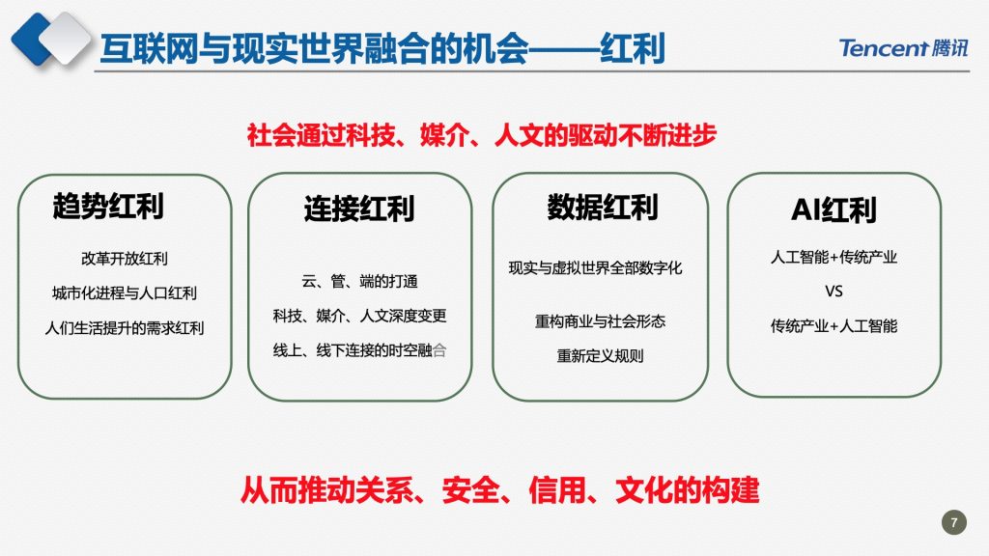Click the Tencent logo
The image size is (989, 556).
coord(903,47)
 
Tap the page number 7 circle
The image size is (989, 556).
coord(953,522)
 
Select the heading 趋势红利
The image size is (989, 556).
coord(108,207)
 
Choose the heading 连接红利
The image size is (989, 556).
coord(359,208)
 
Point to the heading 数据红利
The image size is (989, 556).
coord(603,208)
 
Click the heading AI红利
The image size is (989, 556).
coord(834,209)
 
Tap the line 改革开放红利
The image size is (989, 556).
coord(125,259)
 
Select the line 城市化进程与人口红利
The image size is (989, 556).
coord(125,293)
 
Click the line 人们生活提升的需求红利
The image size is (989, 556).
coord(125,328)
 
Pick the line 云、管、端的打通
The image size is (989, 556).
coord(359,281)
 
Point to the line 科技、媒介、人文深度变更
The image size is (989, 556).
coord(359,316)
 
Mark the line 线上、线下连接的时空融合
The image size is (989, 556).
coord(359,350)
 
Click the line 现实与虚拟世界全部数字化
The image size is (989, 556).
coord(595,268)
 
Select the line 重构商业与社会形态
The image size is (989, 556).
coord(600,321)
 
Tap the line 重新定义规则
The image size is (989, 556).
coord(600,356)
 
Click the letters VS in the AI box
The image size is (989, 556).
coord(834,292)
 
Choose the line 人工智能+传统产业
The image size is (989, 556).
coord(834,257)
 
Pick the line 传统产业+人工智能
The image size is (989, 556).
coord(834,326)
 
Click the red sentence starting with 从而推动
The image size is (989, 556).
coord(499,490)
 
